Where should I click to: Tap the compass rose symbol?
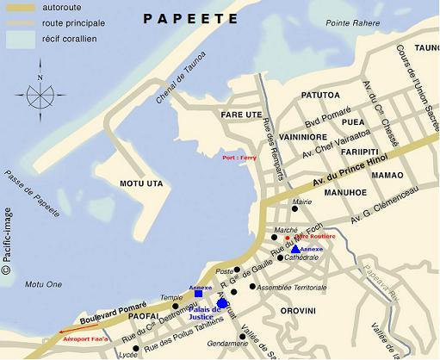point(40,92)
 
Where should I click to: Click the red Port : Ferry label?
point(240,158)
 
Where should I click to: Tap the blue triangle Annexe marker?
point(295,249)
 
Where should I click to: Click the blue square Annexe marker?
point(199,294)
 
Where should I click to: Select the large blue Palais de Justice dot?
point(222,303)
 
